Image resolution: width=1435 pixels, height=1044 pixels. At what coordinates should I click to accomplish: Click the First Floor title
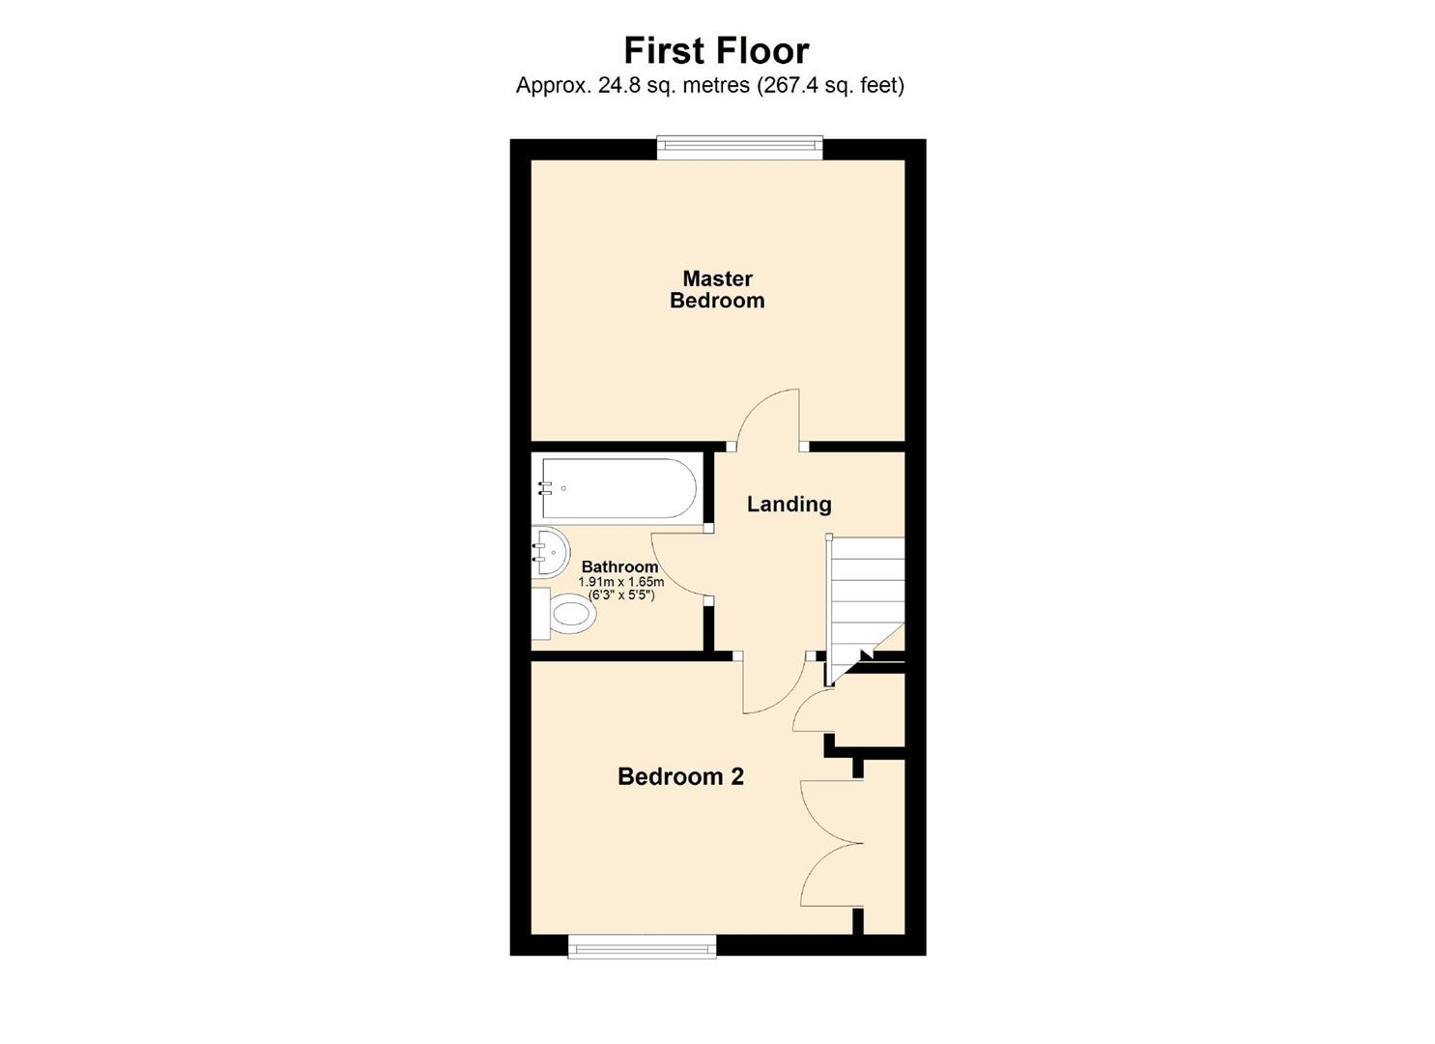click(716, 50)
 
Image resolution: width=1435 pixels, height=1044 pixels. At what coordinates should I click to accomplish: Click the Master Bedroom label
click(717, 290)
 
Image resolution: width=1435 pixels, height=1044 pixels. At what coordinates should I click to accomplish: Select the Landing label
click(789, 504)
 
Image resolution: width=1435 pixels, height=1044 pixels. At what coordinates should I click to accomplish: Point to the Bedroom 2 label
click(680, 776)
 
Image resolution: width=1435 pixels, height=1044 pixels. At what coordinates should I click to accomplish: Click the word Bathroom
click(619, 567)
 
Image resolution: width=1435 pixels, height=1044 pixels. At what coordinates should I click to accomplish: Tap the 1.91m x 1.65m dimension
click(620, 582)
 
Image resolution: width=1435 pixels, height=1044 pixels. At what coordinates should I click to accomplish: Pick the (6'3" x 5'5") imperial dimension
click(621, 595)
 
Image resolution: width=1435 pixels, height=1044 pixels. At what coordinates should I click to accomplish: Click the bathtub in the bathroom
click(618, 488)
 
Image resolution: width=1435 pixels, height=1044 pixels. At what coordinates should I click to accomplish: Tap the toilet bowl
click(568, 614)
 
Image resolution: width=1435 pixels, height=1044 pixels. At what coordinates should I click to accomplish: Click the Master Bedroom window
click(739, 147)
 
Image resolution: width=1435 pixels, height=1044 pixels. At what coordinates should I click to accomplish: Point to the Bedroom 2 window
click(642, 945)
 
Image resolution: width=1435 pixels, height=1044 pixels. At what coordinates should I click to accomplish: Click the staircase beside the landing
click(865, 594)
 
